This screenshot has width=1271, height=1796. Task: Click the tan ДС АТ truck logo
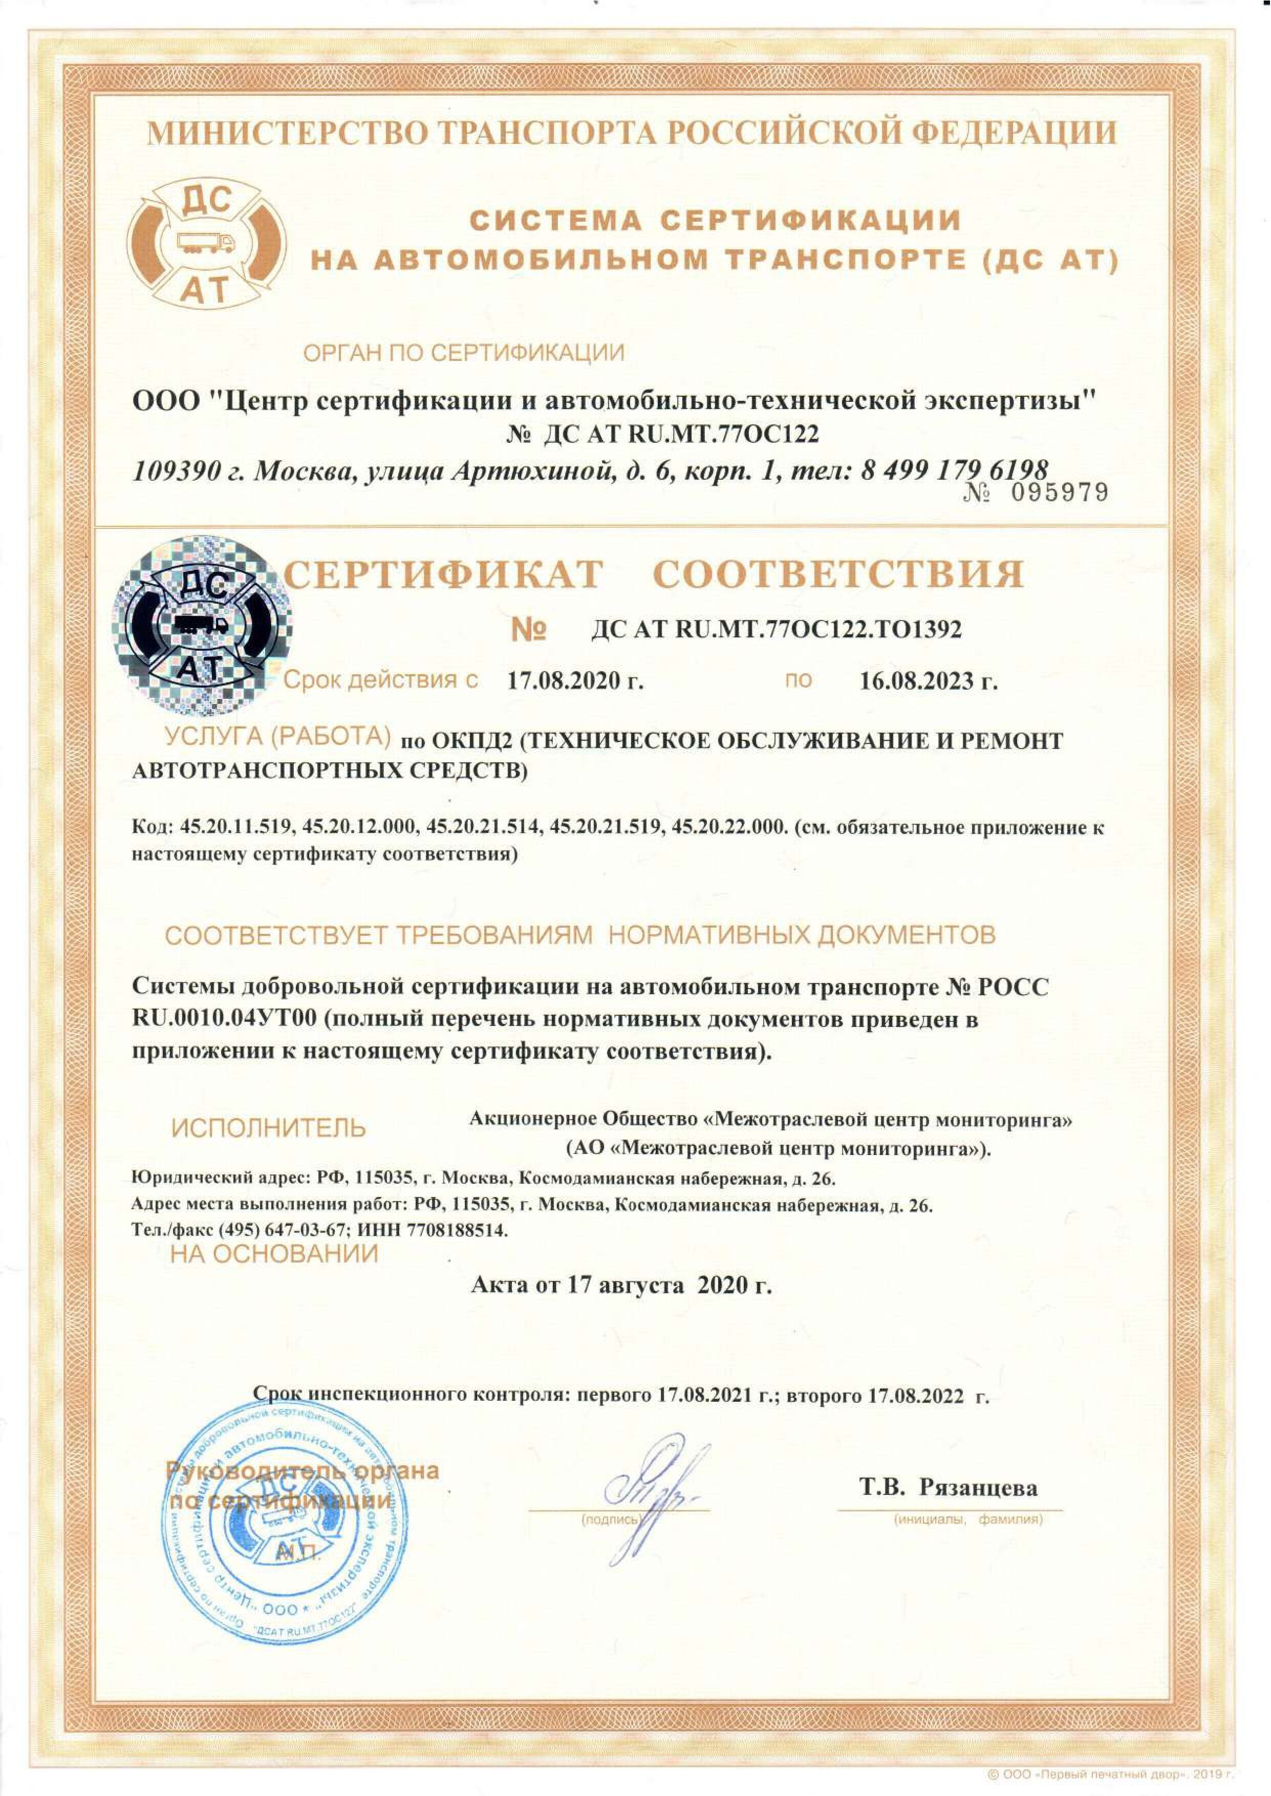click(x=207, y=242)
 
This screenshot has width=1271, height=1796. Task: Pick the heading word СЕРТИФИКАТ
click(x=443, y=575)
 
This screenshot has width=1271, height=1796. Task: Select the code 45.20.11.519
click(x=235, y=827)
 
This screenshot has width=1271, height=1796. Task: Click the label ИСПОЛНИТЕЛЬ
click(x=268, y=1128)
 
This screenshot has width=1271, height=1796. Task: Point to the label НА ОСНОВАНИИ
click(x=274, y=1254)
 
